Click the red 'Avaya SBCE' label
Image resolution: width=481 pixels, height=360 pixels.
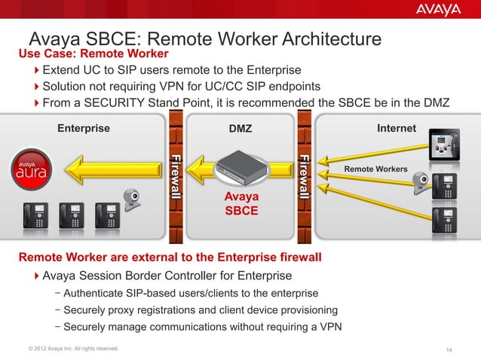click(x=241, y=203)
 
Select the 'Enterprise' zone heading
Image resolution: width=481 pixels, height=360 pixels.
click(x=84, y=128)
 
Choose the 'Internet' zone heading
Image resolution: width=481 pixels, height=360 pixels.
click(x=397, y=129)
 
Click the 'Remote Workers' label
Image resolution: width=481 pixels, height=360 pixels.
click(x=375, y=169)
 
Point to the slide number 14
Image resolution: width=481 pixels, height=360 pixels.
click(x=449, y=349)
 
